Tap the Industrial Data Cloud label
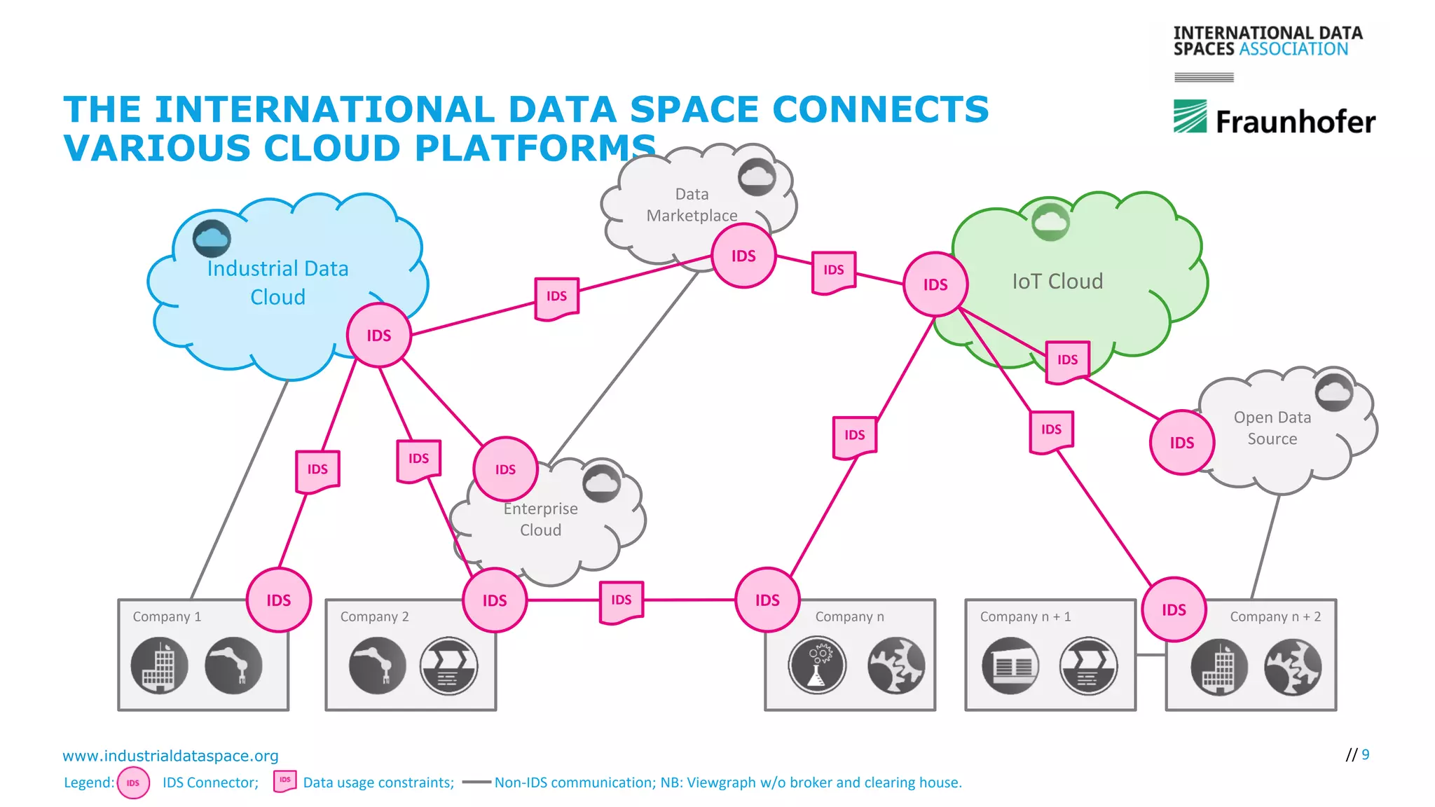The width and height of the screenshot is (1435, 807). click(277, 282)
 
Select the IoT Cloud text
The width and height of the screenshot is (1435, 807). click(1057, 282)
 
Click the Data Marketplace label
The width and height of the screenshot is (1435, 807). click(692, 205)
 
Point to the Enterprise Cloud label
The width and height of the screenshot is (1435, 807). click(540, 519)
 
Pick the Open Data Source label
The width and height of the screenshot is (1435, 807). click(1272, 428)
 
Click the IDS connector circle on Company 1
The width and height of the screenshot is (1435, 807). click(278, 600)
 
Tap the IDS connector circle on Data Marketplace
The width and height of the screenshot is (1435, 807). click(743, 256)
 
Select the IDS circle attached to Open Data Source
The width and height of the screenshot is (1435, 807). click(1181, 443)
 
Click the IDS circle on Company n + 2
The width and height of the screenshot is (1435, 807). click(1174, 609)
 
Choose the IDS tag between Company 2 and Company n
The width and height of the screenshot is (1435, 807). click(622, 600)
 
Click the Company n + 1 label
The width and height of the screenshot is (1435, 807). click(1025, 616)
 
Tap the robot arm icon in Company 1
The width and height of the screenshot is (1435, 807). click(233, 665)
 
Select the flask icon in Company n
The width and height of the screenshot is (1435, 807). click(817, 665)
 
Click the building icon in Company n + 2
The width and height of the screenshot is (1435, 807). click(1219, 667)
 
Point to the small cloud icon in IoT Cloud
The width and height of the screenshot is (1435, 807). click(1050, 222)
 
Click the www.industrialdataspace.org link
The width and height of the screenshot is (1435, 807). click(170, 756)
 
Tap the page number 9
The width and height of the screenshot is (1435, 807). click(1365, 754)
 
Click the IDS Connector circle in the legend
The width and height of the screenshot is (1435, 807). click(133, 783)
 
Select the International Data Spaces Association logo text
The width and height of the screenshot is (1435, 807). click(1267, 41)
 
